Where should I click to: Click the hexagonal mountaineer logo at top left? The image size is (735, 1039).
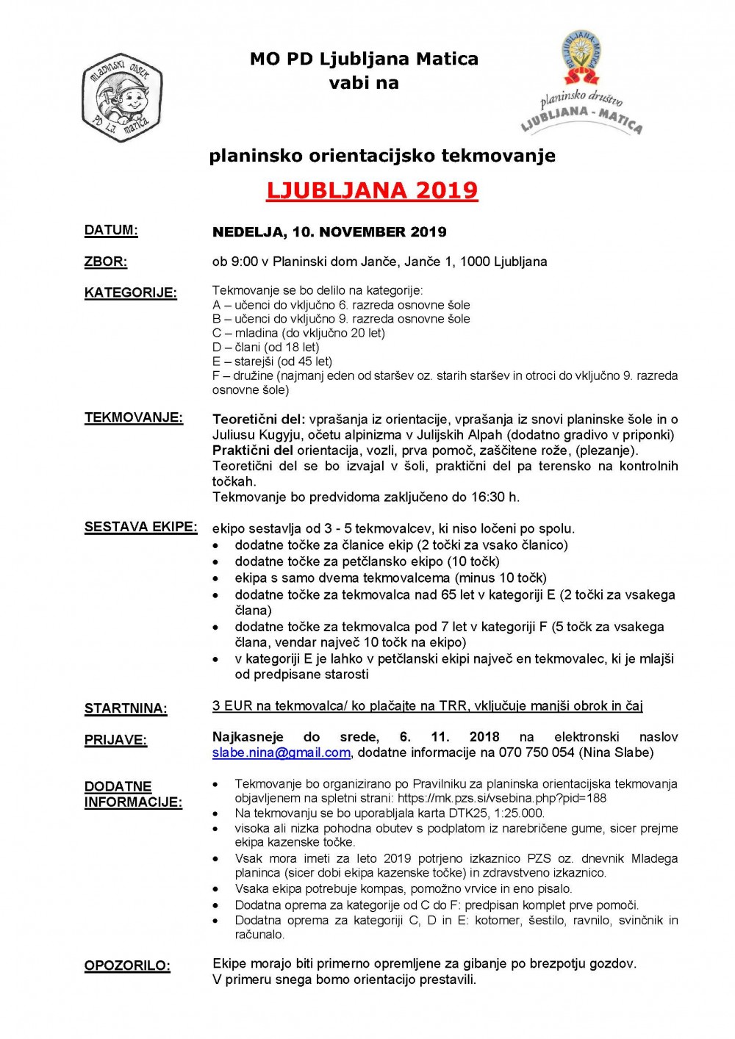click(121, 96)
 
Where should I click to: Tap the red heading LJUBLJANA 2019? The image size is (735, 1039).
click(372, 190)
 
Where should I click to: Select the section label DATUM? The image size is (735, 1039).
click(111, 230)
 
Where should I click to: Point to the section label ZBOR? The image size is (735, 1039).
click(106, 262)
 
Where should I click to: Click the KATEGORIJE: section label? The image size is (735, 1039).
click(131, 292)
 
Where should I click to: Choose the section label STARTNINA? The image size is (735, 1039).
click(126, 708)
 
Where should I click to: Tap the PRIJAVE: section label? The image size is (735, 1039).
click(115, 740)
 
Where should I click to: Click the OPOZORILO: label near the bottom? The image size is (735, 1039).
click(127, 965)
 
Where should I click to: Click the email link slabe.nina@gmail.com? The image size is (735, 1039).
click(281, 752)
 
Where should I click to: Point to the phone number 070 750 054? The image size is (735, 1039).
click(537, 752)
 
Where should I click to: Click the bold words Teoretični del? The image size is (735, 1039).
click(259, 419)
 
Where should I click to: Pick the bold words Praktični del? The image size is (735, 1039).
click(253, 450)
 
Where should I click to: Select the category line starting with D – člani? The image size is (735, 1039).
click(265, 347)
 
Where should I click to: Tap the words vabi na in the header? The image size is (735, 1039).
click(364, 82)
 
